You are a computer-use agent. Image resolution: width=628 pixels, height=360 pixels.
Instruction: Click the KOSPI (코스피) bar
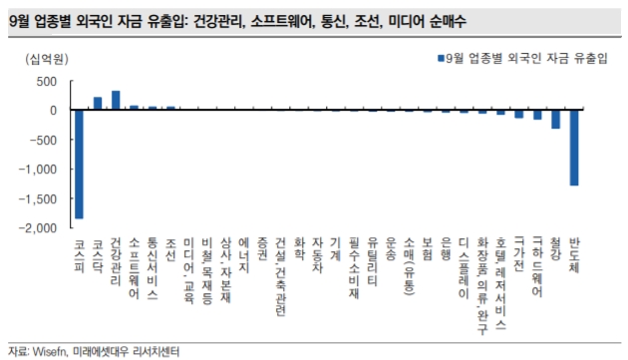79,164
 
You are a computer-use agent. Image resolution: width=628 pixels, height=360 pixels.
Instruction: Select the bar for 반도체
574,148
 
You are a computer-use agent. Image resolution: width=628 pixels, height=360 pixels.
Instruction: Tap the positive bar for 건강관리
116,100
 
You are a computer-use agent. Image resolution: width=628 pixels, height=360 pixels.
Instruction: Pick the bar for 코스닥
98,103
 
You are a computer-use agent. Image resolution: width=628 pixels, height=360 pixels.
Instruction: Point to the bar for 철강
555,119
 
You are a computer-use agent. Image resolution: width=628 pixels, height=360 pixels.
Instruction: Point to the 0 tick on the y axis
56,111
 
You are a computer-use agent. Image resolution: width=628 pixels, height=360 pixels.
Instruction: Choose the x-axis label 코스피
80,253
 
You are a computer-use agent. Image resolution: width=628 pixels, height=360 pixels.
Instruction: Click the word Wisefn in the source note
52,351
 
